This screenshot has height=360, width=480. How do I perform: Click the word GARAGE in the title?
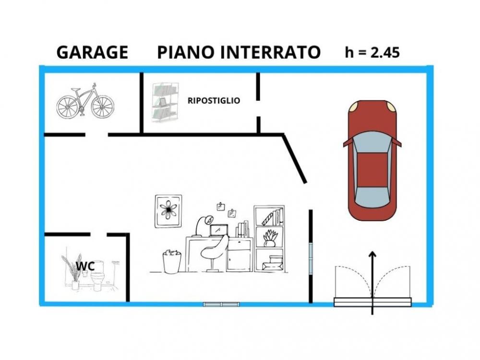coord(92,52)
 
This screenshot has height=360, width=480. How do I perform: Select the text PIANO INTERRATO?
coord(239,52)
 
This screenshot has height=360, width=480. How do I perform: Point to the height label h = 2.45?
coord(372,52)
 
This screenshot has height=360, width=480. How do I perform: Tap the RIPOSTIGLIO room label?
coord(214,101)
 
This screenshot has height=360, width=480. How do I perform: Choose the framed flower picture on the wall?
coord(168,211)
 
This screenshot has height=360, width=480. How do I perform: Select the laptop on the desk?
coord(219,230)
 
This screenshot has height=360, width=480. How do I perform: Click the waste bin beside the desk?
coord(172,261)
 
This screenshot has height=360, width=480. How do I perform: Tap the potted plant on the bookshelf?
coord(269,238)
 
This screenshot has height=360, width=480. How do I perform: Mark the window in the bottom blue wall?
coord(221,304)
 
